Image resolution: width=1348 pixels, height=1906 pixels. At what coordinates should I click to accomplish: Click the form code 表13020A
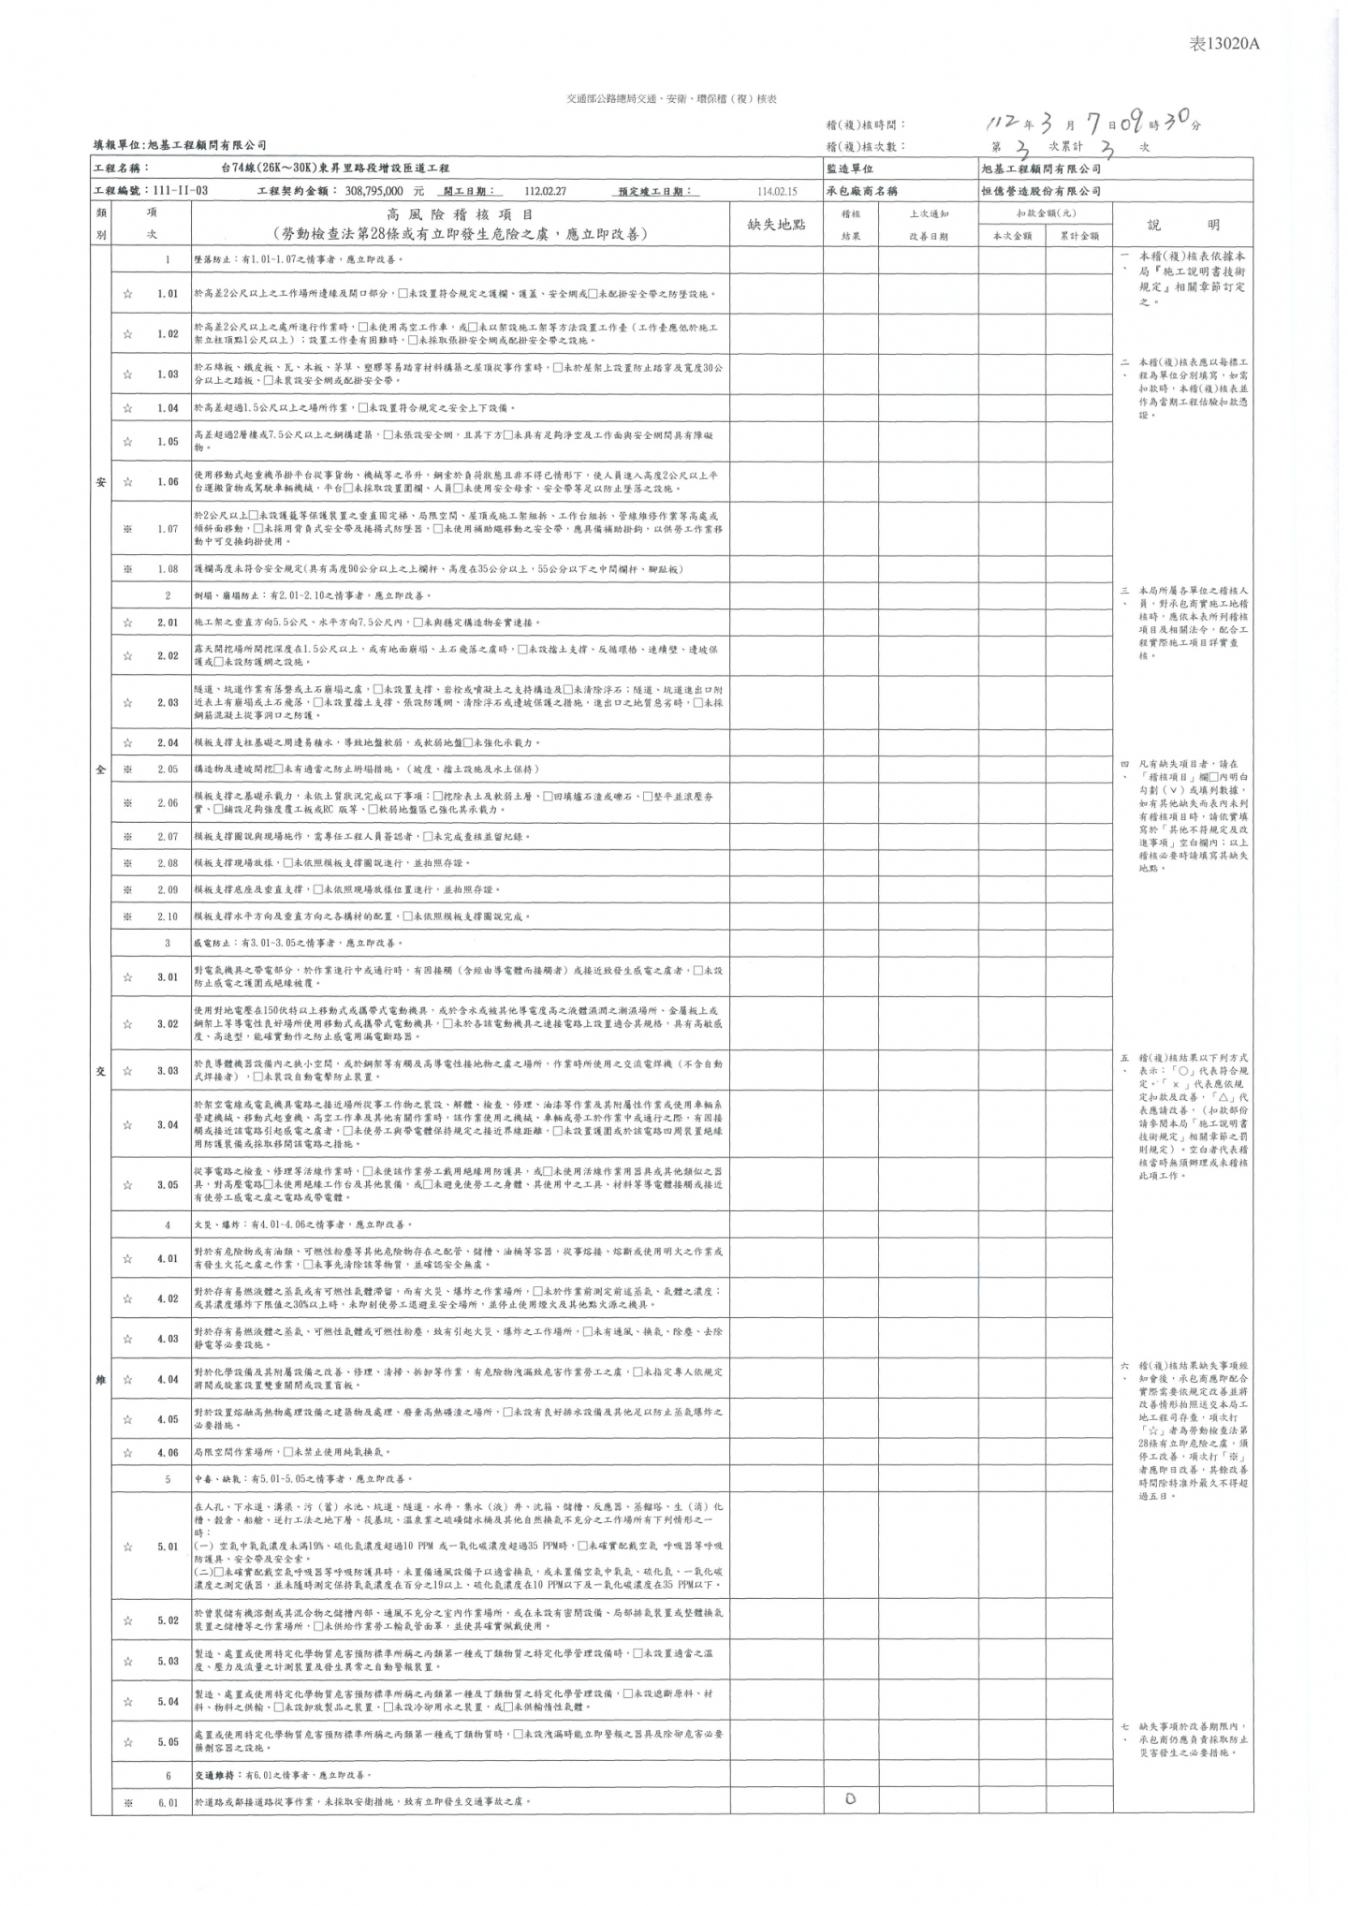(1218, 44)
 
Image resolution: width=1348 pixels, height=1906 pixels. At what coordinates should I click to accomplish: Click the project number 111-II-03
(177, 191)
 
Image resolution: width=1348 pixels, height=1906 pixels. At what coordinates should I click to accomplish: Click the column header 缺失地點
(776, 225)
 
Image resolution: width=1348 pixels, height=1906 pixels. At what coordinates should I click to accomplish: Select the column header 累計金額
(1079, 237)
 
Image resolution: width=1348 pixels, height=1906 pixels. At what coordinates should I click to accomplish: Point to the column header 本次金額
(1012, 237)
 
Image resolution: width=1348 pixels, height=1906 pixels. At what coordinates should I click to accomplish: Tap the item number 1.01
(168, 294)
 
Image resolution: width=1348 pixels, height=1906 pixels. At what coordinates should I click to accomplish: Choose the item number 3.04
(168, 1124)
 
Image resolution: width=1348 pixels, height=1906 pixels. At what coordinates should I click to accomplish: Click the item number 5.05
(168, 1741)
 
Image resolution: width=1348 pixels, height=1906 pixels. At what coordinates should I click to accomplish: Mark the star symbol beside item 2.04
(127, 742)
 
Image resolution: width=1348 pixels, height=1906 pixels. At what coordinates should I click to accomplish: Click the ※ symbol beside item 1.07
(127, 529)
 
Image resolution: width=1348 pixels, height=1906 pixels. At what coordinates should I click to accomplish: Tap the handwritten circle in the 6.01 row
(850, 1798)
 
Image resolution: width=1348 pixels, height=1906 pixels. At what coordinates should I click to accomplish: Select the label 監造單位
(850, 169)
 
